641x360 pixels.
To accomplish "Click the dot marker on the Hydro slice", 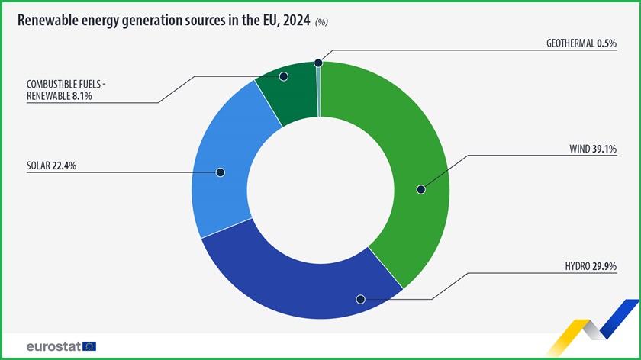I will [x=361, y=300].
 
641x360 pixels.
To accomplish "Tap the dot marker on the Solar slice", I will [x=220, y=172].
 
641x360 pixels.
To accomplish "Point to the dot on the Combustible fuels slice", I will [x=283, y=76].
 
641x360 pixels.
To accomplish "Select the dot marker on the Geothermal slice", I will [x=318, y=65].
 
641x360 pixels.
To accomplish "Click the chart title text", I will [x=163, y=21].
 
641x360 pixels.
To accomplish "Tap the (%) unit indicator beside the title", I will [x=321, y=23].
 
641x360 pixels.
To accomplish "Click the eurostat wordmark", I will [x=53, y=346].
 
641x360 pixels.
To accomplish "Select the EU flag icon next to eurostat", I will [x=89, y=346].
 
